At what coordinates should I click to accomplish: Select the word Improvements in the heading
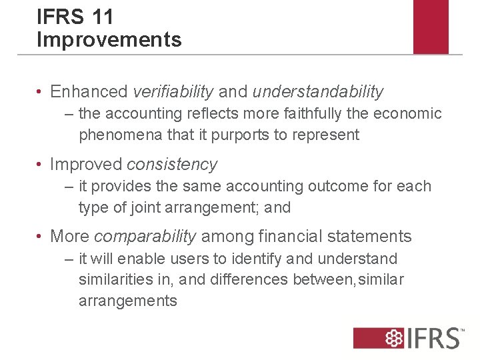(x=109, y=39)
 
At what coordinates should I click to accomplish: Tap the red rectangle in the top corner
(x=431, y=27)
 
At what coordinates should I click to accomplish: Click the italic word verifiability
(x=173, y=91)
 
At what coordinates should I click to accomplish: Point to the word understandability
(x=318, y=91)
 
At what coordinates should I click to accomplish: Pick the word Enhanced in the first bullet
(x=89, y=91)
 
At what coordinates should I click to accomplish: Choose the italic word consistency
(x=172, y=164)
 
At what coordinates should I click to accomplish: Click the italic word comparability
(x=145, y=236)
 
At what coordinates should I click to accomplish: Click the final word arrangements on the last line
(x=128, y=301)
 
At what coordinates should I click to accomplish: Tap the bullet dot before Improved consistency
(x=41, y=165)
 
